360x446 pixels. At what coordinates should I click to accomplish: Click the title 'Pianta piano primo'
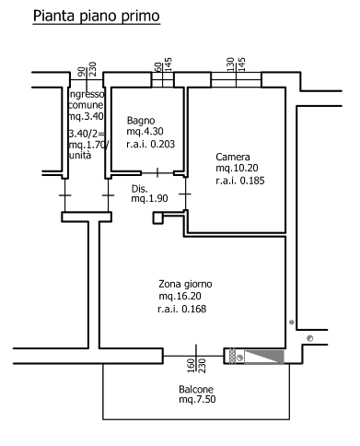[97, 16]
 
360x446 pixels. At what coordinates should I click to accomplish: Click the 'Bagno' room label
[141, 121]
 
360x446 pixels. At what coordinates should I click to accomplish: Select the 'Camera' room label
[233, 157]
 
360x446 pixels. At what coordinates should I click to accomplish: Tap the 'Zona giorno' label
[185, 285]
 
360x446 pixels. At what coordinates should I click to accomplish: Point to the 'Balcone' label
[196, 389]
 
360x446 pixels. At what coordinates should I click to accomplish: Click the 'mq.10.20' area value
[237, 168]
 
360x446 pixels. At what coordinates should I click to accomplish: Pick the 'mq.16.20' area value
[180, 296]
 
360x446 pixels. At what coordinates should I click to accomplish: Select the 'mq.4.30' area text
[145, 132]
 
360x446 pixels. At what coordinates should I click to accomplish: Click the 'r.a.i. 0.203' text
[150, 144]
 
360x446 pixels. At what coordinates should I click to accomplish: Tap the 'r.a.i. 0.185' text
[240, 181]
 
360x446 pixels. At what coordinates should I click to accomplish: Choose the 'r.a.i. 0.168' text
[182, 309]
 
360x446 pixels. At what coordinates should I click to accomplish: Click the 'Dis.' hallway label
[140, 189]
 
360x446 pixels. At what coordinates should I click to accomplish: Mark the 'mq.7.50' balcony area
[197, 400]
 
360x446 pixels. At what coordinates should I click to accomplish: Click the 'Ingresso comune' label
[87, 100]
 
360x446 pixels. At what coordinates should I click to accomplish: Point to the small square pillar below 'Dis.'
[157, 217]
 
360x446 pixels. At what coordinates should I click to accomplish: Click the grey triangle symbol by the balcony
[263, 357]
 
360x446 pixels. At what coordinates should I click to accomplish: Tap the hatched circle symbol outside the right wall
[310, 338]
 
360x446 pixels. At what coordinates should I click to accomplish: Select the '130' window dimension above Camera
[230, 65]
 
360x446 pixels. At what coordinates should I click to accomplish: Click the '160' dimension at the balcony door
[191, 366]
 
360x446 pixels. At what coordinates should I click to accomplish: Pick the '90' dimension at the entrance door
[81, 72]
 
